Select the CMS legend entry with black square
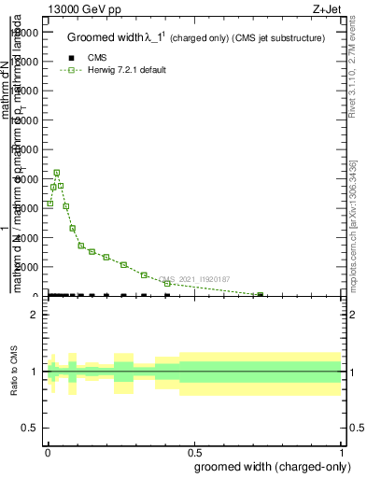click(97, 58)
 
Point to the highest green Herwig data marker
click(57, 173)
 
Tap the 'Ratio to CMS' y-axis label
click(15, 372)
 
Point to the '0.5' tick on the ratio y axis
click(30, 429)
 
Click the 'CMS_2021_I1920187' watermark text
click(195, 279)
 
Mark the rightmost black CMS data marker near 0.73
click(260, 295)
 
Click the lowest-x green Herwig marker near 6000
click(49, 204)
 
